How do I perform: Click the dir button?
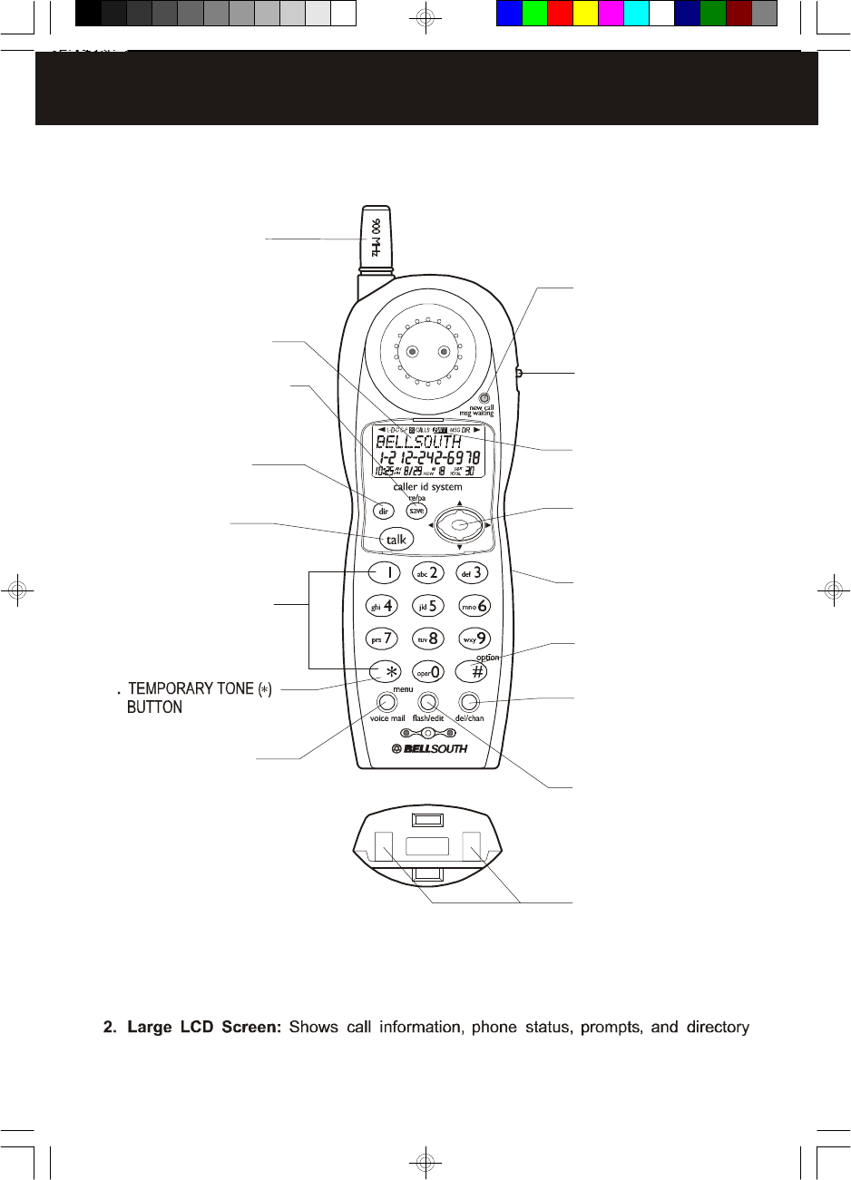[383, 512]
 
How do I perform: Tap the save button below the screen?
[416, 511]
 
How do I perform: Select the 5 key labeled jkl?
[427, 605]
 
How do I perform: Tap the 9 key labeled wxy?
[474, 638]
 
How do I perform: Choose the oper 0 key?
[427, 672]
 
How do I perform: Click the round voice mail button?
[387, 701]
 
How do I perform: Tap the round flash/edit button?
[428, 701]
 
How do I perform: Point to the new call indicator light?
[484, 396]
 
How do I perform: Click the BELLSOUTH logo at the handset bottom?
[429, 748]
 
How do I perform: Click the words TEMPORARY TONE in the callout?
[191, 689]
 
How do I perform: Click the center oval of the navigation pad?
[460, 524]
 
